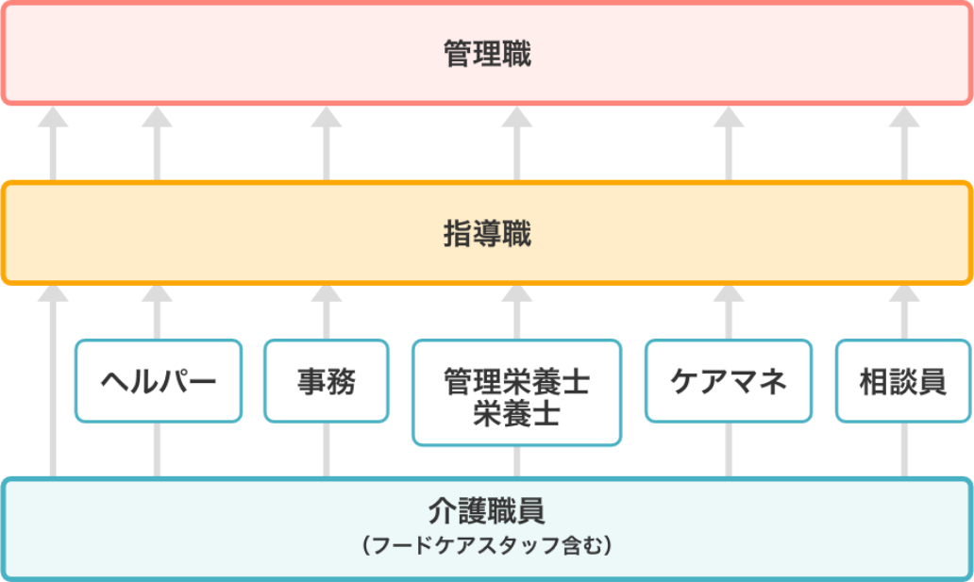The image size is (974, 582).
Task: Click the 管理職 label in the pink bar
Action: (x=487, y=54)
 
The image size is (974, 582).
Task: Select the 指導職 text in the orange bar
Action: (x=487, y=234)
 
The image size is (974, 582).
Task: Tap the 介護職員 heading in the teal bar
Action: (x=487, y=512)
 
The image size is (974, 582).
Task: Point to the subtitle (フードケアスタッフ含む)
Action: (x=487, y=545)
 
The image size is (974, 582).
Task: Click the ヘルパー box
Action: (x=159, y=381)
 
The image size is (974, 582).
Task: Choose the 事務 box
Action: (x=327, y=381)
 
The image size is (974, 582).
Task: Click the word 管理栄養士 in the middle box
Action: (x=516, y=382)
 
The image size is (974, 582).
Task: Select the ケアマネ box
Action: (x=728, y=381)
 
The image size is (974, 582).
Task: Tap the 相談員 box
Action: (x=903, y=381)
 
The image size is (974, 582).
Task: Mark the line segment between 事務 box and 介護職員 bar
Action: (x=327, y=450)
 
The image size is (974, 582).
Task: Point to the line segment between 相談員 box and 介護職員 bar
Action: (x=904, y=450)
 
